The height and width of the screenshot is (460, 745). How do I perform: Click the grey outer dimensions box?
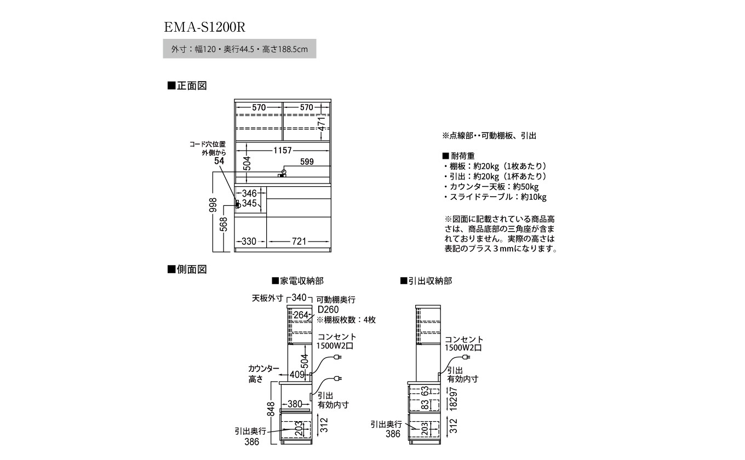click(x=240, y=49)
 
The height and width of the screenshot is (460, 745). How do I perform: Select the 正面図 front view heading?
click(x=187, y=86)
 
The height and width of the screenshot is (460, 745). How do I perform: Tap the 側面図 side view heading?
click(x=187, y=269)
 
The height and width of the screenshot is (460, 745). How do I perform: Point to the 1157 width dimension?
click(x=280, y=150)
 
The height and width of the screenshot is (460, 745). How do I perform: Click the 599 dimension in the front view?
click(x=307, y=162)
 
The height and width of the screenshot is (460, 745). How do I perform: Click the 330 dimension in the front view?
click(x=249, y=241)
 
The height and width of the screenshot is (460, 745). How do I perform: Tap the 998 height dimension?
click(x=215, y=205)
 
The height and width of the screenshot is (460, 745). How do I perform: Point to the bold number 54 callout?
click(x=220, y=161)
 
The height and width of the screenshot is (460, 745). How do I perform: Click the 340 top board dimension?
click(x=299, y=298)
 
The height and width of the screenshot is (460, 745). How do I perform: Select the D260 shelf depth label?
click(x=328, y=309)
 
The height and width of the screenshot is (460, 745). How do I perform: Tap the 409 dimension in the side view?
click(x=296, y=375)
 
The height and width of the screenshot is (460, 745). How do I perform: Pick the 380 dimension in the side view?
click(x=295, y=404)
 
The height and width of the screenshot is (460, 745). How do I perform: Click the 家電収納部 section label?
click(x=297, y=281)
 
